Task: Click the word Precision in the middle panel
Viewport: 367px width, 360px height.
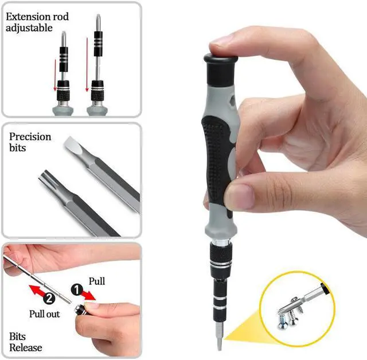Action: (x=30, y=137)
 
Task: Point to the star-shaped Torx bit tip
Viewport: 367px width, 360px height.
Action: (x=46, y=179)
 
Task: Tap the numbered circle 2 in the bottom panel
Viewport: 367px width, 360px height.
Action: (x=49, y=299)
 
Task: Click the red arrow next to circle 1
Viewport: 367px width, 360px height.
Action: (x=89, y=295)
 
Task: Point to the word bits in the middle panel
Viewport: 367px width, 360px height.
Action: (x=18, y=148)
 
